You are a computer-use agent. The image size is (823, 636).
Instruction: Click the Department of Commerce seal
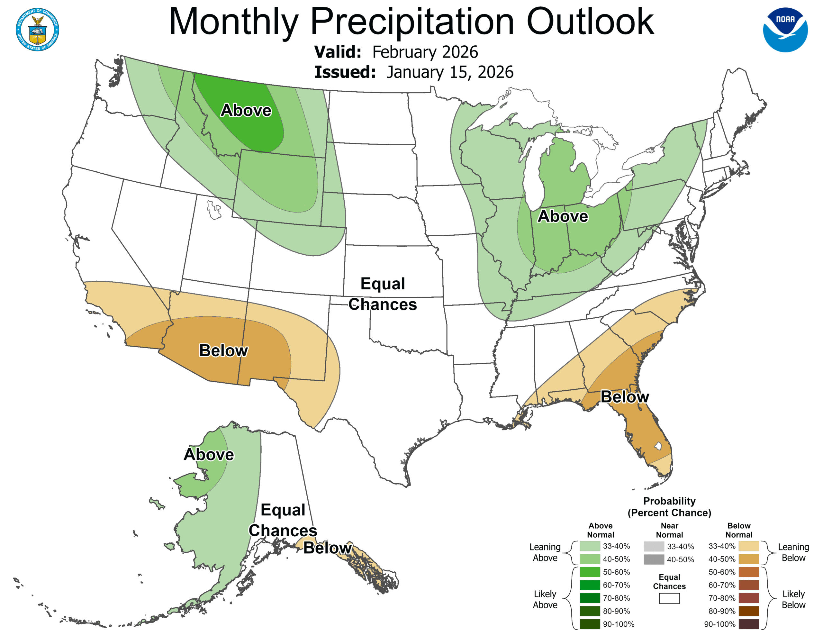tap(37, 29)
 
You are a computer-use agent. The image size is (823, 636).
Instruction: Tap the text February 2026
tap(425, 52)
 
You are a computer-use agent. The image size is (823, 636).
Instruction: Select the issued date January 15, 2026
tap(449, 72)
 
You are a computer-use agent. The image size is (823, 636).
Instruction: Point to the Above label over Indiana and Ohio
tap(562, 216)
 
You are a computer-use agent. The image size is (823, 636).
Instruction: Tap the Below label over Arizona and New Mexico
tap(223, 350)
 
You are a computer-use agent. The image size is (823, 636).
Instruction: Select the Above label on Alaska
tap(209, 455)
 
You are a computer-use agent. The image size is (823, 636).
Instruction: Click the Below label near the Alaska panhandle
tap(328, 548)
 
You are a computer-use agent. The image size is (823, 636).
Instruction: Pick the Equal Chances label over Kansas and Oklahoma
tap(383, 294)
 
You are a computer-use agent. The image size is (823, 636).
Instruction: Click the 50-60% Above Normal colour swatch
tap(589, 572)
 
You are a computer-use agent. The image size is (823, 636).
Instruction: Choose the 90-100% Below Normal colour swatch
tap(748, 624)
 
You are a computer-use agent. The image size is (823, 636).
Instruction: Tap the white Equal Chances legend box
tap(669, 598)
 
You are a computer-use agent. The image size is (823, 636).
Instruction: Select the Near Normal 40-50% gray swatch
tap(654, 559)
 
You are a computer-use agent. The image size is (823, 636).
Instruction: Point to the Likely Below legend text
tap(793, 599)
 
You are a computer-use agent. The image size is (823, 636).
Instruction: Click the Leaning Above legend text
tap(545, 552)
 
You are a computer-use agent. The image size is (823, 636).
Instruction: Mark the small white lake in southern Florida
tap(658, 446)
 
